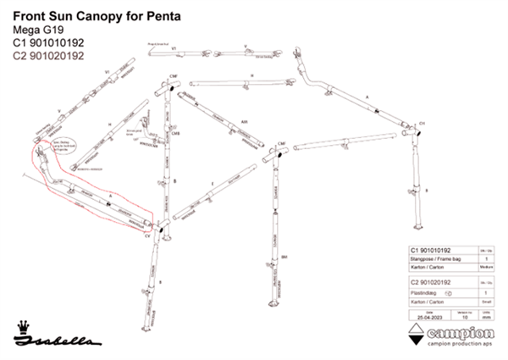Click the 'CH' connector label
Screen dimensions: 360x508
point(422,123)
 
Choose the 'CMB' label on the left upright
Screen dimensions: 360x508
point(175,133)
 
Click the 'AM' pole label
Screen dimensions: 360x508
point(245,121)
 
